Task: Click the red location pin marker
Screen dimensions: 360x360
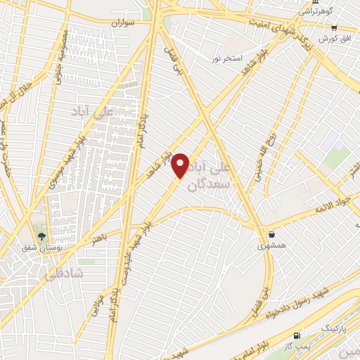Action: pyautogui.click(x=181, y=165)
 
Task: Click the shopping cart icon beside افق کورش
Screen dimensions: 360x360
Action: pyautogui.click(x=335, y=28)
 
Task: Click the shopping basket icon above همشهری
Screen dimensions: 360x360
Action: pyautogui.click(x=271, y=235)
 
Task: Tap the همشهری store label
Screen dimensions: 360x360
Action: pyautogui.click(x=271, y=246)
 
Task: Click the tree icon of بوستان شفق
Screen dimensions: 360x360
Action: pyautogui.click(x=41, y=237)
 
